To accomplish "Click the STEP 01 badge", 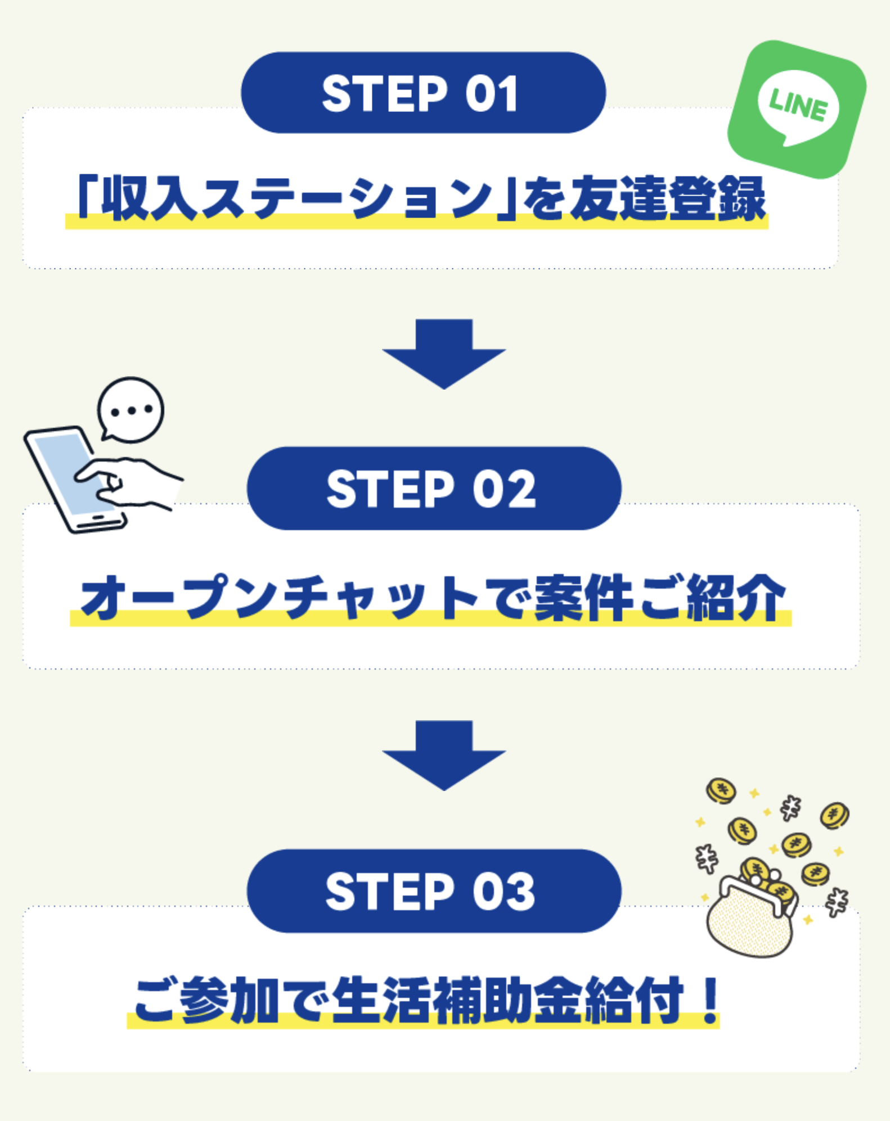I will tap(423, 93).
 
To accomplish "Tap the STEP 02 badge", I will tap(434, 489).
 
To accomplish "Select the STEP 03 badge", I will tap(434, 891).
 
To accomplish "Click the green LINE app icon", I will tap(797, 109).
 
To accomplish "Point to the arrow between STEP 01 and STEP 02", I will tap(444, 354).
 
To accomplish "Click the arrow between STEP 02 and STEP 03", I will tap(444, 755).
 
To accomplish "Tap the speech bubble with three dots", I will tap(131, 410).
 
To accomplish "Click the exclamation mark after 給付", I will tap(711, 1000).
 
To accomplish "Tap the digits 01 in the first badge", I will tap(491, 93).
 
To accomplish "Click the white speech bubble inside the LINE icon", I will tap(798, 107).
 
